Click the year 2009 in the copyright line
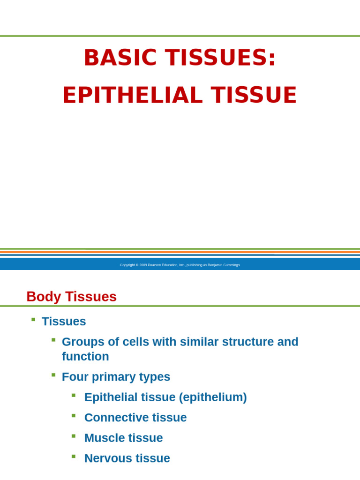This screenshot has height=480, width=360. point(143,265)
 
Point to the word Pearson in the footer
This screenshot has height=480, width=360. point(155,265)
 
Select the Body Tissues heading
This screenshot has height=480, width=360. point(71,297)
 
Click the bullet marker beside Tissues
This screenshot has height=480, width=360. point(33,319)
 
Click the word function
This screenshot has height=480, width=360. point(85,356)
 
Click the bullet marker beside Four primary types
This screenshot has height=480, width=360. point(53,375)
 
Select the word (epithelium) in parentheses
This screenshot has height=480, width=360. point(213,397)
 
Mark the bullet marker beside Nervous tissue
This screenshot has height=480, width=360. point(74,456)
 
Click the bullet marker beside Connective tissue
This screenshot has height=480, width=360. point(74,415)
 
